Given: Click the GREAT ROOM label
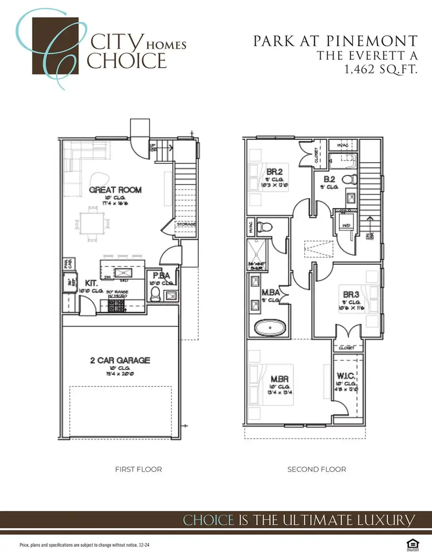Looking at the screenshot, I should [115, 190].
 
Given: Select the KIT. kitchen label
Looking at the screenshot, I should [92, 283].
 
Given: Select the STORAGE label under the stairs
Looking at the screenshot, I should [186, 224].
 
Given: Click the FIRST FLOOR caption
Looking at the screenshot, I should [138, 469].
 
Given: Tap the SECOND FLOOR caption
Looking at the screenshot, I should [316, 469].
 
